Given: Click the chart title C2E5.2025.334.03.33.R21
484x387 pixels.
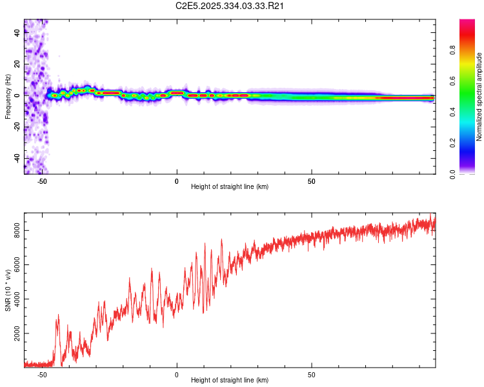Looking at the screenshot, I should point(230,6).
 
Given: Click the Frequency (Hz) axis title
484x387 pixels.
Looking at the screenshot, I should point(8,96).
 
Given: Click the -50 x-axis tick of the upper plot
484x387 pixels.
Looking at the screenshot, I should point(42,181).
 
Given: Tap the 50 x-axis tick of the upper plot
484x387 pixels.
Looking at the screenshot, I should point(311,181).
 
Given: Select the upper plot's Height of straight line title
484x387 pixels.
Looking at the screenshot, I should point(230,187).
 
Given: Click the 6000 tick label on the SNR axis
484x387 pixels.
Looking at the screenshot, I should point(15,265).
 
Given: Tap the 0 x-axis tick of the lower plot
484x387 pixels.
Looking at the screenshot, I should point(176,375).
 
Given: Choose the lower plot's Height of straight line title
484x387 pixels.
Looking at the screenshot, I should point(230,381).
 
